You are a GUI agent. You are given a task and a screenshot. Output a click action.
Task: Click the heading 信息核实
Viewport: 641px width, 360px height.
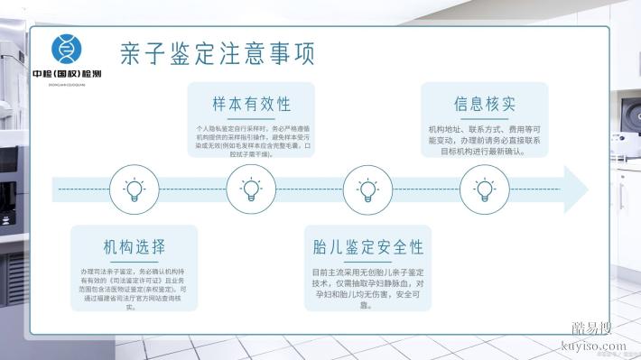coord(485,102)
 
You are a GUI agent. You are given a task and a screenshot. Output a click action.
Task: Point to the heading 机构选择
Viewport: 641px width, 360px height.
coord(134,247)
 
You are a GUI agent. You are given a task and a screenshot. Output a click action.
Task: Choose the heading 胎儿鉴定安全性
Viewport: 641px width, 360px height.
coord(367,246)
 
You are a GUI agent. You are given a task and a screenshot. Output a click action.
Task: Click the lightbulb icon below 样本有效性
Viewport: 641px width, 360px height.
coord(251,189)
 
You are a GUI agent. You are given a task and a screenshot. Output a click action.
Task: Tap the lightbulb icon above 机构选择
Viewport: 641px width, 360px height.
coord(135,189)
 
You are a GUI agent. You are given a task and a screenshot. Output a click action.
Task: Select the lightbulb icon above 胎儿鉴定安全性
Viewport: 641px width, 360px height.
coord(367,189)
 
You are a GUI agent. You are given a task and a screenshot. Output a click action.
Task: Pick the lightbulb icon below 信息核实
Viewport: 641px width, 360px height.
coord(485,189)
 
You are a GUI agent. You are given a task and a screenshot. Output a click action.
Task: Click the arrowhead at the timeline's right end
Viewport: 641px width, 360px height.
coord(575,189)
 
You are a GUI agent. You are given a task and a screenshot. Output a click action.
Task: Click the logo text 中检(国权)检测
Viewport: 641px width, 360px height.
coord(66,72)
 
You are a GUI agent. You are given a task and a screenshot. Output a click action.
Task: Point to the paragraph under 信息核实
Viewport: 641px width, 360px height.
coord(485,141)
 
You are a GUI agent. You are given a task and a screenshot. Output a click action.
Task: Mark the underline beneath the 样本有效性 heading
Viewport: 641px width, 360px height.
coord(251,117)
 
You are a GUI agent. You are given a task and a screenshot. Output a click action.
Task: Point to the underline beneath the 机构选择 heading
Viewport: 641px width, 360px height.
coord(134,262)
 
